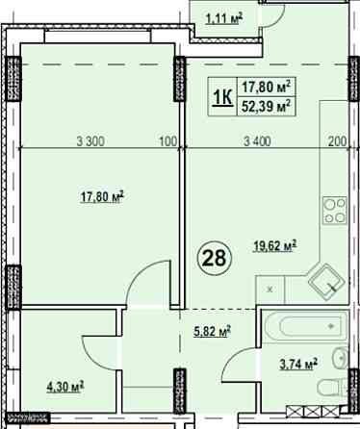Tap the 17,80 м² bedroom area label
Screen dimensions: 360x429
tap(102, 197)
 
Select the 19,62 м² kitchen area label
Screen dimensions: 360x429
tap(274, 246)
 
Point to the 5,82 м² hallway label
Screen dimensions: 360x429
tap(212, 331)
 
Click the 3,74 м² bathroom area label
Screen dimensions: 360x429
tap(298, 365)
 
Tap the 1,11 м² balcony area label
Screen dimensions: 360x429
tap(224, 19)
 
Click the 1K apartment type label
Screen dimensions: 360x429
tap(223, 97)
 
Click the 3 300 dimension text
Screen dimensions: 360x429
tap(90, 141)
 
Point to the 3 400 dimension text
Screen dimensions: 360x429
tap(257, 141)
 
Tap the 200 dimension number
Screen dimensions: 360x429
tap(338, 141)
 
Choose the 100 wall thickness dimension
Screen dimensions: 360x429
tap(168, 141)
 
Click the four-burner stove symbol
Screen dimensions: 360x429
tap(335, 210)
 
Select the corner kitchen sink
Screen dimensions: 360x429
tap(326, 282)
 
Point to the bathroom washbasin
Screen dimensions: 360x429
tap(341, 358)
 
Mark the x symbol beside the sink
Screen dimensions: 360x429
tap(270, 290)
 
